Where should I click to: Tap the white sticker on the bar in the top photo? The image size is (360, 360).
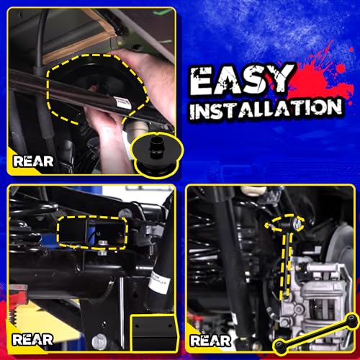[x=123, y=104]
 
